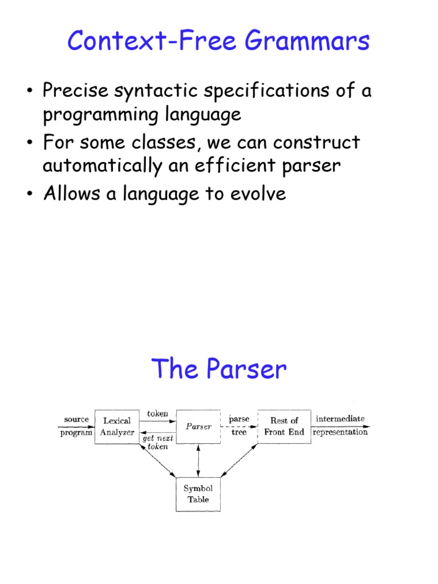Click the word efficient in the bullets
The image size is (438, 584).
[223, 165]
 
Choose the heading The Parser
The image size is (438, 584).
[218, 369]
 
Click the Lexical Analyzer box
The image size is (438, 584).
[117, 427]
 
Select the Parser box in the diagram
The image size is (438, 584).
[198, 427]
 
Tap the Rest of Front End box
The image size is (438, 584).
[284, 427]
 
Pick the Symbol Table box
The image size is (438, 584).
[198, 494]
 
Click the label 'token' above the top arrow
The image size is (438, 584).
[158, 413]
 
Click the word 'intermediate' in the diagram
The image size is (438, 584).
[340, 419]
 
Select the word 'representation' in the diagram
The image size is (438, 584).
[340, 432]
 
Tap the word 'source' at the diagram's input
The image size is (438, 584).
[76, 419]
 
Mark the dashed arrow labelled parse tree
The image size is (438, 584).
[239, 427]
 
